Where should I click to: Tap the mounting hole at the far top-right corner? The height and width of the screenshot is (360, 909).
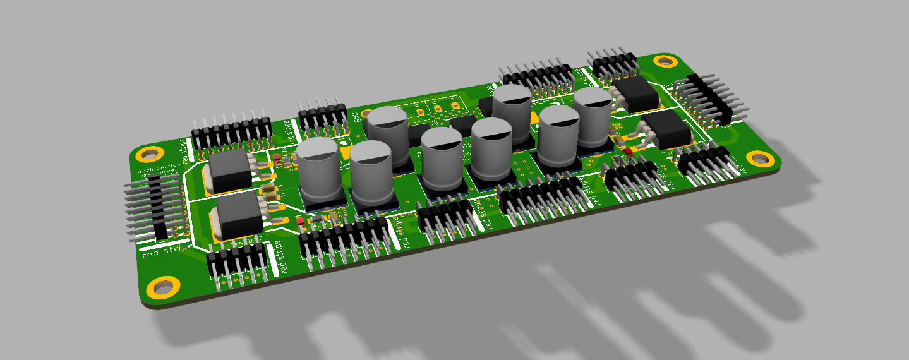pyautogui.click(x=665, y=61)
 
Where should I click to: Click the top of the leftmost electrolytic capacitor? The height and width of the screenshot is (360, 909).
pyautogui.click(x=319, y=152)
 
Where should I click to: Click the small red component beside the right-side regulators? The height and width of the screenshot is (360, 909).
pyautogui.click(x=629, y=152)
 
